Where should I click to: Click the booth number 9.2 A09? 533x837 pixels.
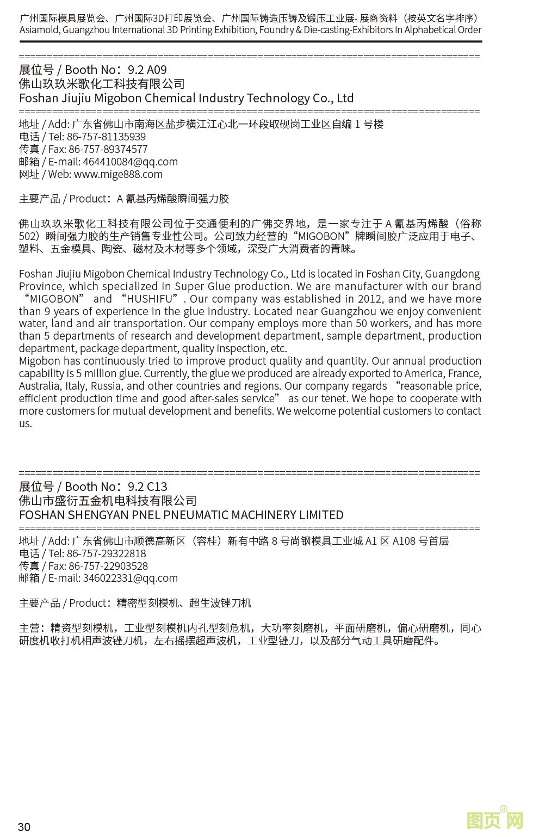click(147, 70)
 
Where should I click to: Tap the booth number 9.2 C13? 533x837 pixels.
click(147, 487)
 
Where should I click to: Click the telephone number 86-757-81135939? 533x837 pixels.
click(106, 137)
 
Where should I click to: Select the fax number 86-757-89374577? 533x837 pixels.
click(108, 149)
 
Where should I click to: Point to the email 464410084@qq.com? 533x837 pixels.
click(130, 162)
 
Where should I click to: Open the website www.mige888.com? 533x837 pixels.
click(118, 174)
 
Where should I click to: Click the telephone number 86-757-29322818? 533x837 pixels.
click(106, 553)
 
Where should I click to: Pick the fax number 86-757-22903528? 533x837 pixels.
click(108, 566)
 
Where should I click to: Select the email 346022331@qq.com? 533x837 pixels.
click(130, 578)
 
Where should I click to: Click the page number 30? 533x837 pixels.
click(24, 827)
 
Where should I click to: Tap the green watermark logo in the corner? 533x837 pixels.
click(494, 820)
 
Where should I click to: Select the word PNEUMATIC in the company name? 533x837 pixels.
click(196, 515)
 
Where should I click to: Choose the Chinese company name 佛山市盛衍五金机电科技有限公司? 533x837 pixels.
click(108, 501)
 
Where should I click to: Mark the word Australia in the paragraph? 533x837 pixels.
click(39, 386)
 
